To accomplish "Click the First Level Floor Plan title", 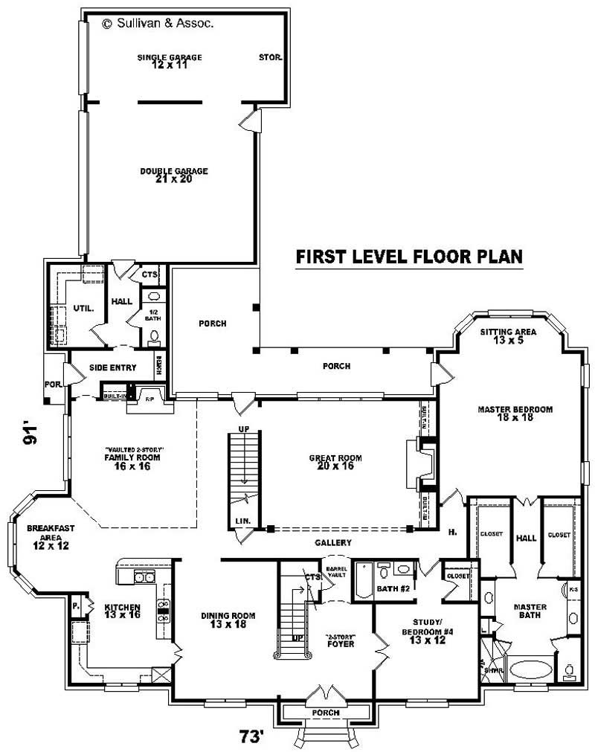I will coord(409,257).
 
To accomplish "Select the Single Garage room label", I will coord(169,61).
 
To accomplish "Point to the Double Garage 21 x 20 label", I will coord(173,175).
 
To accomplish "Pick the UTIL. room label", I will coord(83,308).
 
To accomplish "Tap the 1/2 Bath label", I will coord(152,315).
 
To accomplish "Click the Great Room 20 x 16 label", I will coord(331,462).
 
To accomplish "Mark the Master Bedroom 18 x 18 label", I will coord(515,414).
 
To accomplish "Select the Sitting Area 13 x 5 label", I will coord(505,336).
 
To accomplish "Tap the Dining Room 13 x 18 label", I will coord(228,620).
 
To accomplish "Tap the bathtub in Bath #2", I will coord(363,582).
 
